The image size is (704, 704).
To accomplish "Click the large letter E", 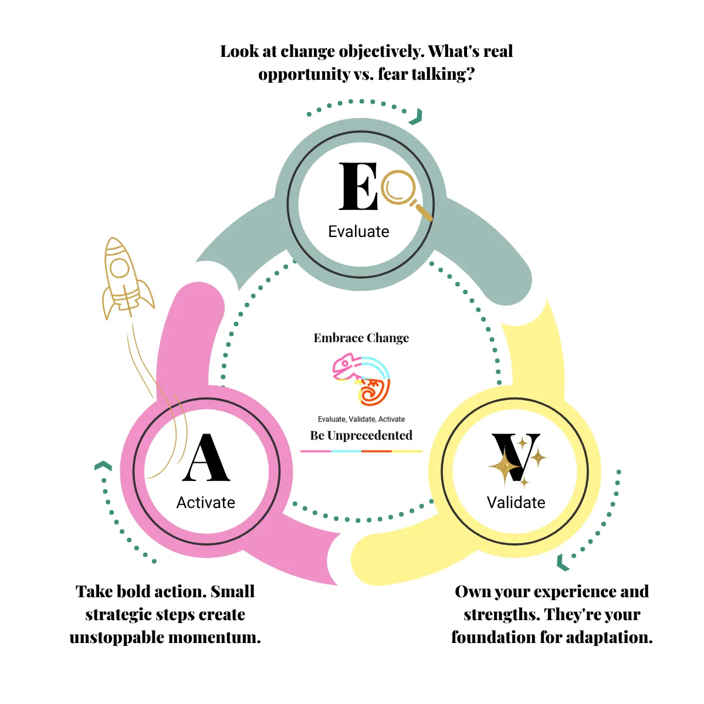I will (x=358, y=186).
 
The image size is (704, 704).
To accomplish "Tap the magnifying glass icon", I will (x=402, y=191).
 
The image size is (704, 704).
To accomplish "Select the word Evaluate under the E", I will (x=358, y=232).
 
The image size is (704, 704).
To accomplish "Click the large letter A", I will (x=206, y=458).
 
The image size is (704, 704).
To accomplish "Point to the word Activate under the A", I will (x=206, y=503).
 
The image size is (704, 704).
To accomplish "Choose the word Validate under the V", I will (x=516, y=503).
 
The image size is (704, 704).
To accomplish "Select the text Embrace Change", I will (x=361, y=338).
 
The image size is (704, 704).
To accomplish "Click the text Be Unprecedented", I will (x=361, y=435).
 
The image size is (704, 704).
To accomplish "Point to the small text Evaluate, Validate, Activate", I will (x=361, y=419).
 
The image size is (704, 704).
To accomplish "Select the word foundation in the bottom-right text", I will (x=492, y=638).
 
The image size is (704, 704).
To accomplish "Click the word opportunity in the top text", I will (x=304, y=75).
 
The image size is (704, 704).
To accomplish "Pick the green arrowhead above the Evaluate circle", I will (x=417, y=117).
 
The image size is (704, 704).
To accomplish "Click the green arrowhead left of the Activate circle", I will (x=103, y=466).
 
